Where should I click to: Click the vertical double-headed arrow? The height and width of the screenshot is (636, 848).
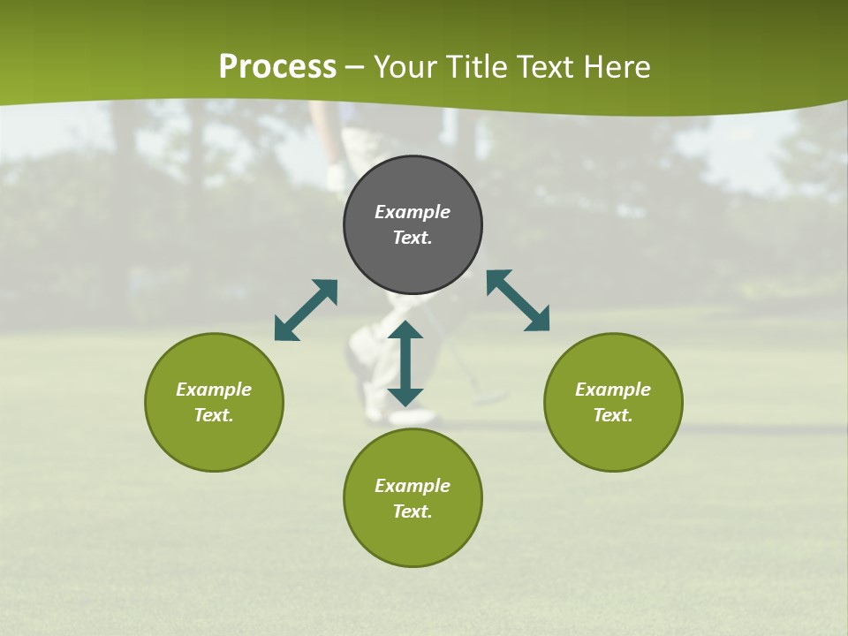405,364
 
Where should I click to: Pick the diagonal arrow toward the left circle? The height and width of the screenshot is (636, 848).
306,310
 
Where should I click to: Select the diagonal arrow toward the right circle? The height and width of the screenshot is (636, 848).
518,300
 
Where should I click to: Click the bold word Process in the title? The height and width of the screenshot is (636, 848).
277,67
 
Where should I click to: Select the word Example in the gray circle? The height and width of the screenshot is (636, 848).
413,212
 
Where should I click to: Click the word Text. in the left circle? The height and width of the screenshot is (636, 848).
214,415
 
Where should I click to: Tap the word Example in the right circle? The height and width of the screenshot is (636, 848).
613,390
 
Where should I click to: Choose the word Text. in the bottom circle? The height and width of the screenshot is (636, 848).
413,511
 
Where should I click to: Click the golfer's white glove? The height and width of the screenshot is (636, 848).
336,178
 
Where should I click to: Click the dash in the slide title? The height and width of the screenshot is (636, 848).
355,67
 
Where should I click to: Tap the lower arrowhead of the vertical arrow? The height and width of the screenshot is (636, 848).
405,397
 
